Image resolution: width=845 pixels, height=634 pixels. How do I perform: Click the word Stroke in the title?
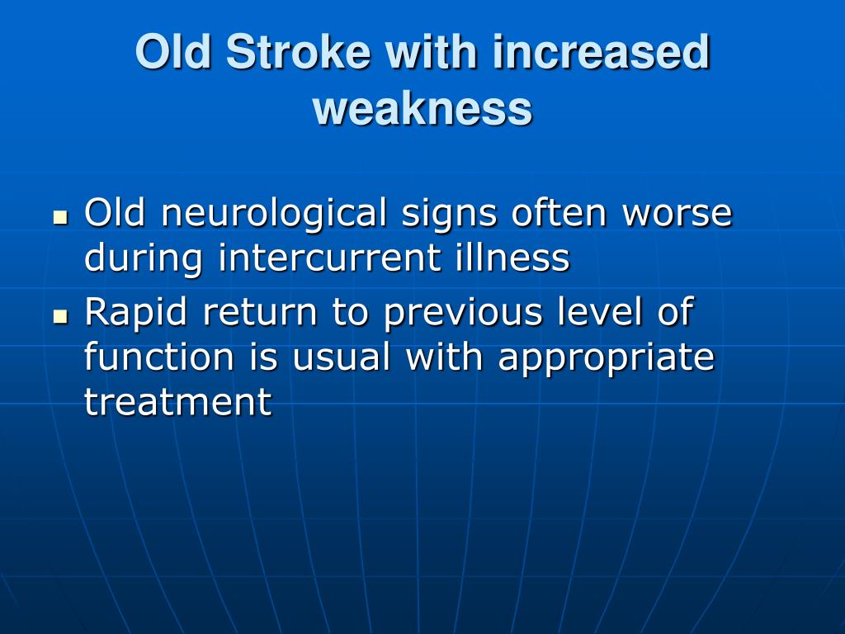tap(299, 52)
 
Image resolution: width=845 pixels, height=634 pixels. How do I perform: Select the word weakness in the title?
tap(422, 108)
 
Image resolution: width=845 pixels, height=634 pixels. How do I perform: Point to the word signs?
tap(449, 215)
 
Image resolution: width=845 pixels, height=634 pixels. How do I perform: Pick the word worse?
tap(677, 215)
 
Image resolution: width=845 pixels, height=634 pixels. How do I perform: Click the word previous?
tap(463, 314)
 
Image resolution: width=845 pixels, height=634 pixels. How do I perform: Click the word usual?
tap(341, 357)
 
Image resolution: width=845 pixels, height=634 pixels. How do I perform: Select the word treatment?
tap(178, 402)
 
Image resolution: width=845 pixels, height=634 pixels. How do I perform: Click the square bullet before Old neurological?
tap(61, 218)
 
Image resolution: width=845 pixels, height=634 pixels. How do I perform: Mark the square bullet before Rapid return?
tap(61, 317)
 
